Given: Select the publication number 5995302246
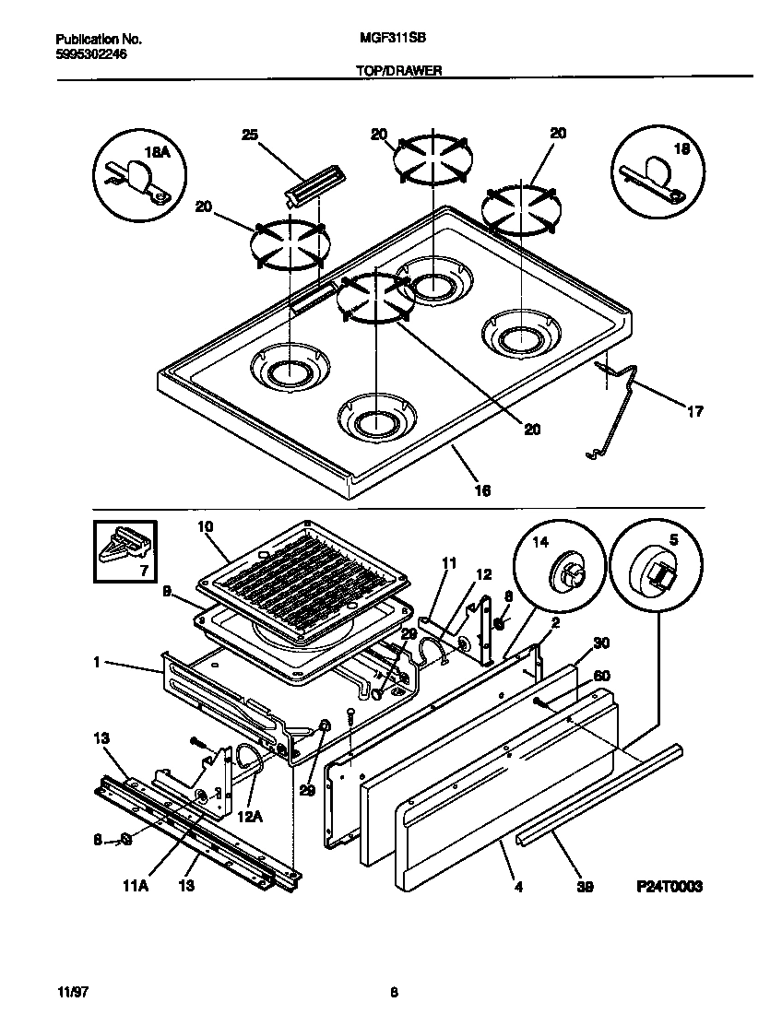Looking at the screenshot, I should [91, 54].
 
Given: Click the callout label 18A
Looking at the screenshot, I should [157, 152].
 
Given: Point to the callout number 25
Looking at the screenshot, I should [248, 135].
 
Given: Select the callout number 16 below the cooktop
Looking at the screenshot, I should [481, 490].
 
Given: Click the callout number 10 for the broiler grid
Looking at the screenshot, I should [205, 526].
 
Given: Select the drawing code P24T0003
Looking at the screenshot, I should [669, 886].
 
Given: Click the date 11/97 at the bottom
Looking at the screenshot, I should [71, 993].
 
